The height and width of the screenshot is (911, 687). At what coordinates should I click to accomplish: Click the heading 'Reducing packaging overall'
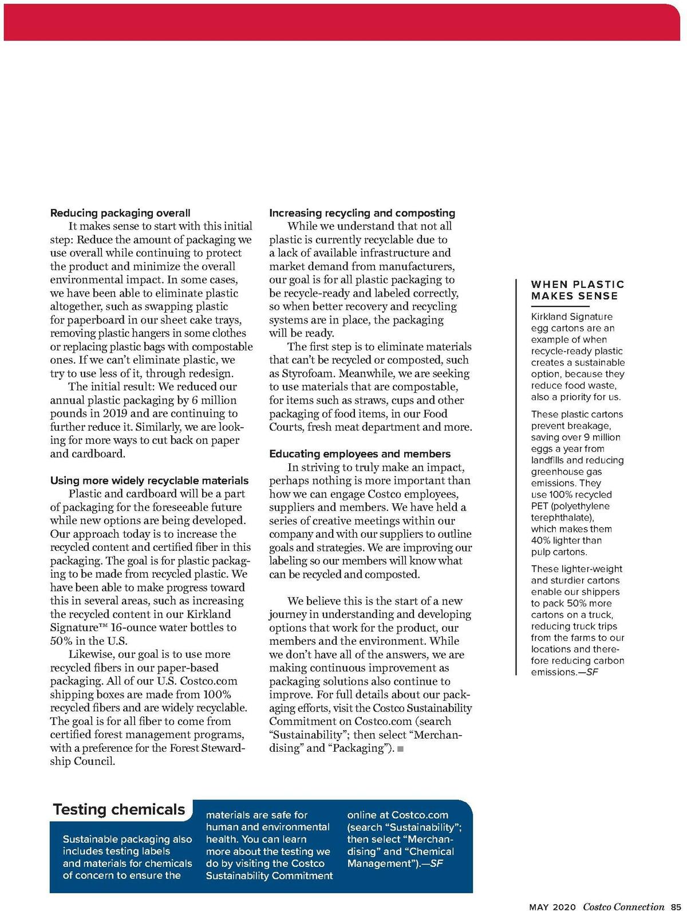coord(120,213)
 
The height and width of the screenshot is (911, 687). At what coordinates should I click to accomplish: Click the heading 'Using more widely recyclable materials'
coord(149,480)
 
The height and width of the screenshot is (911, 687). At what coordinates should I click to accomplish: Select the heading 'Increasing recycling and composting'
coord(362,213)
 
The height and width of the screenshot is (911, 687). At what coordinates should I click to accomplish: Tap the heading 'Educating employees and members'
coord(360,454)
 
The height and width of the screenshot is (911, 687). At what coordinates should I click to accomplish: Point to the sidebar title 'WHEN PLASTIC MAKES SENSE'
coord(577,290)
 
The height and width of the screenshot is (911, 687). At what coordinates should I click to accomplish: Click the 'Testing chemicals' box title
coord(119,810)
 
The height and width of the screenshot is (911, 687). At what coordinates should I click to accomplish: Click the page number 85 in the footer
coord(675,906)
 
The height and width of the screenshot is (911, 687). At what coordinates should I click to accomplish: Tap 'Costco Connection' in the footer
coord(623,906)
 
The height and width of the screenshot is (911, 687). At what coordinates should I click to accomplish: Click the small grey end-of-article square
coord(400,749)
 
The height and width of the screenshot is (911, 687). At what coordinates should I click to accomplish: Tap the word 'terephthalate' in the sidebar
coord(561,518)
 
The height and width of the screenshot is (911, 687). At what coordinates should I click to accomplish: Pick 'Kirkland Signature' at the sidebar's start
coord(571,317)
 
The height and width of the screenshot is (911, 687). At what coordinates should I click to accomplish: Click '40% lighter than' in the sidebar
coord(566,541)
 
